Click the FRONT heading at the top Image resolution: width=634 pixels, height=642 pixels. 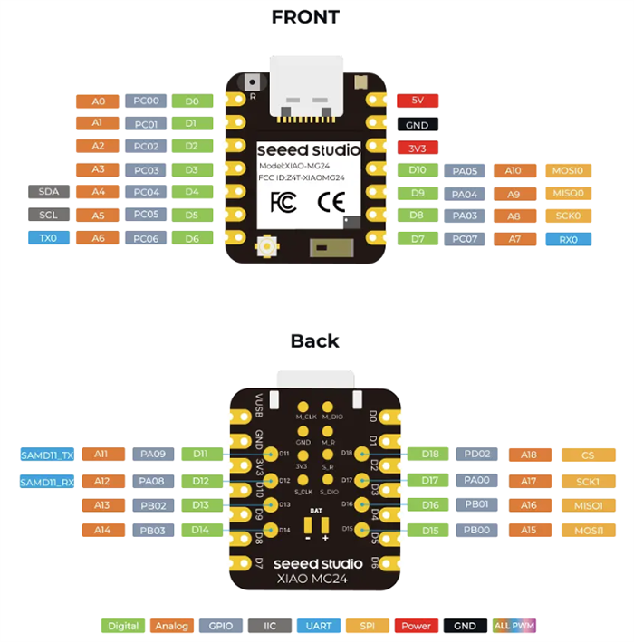(306, 17)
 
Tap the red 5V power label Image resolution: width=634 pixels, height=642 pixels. (418, 101)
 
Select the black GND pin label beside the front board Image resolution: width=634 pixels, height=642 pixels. (418, 125)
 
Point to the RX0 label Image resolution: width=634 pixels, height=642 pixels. (569, 239)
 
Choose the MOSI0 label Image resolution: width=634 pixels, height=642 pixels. (569, 169)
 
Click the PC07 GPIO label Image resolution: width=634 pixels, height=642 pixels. (466, 239)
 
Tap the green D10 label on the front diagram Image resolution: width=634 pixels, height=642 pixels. (418, 169)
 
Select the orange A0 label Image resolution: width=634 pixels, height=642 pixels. (98, 101)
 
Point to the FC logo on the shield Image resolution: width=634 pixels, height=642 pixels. (281, 201)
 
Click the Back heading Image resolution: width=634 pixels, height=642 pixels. (314, 341)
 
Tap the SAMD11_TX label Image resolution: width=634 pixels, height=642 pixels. (47, 454)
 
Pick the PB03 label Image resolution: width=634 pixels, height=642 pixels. (152, 530)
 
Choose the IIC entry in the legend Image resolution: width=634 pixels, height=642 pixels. (270, 626)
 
